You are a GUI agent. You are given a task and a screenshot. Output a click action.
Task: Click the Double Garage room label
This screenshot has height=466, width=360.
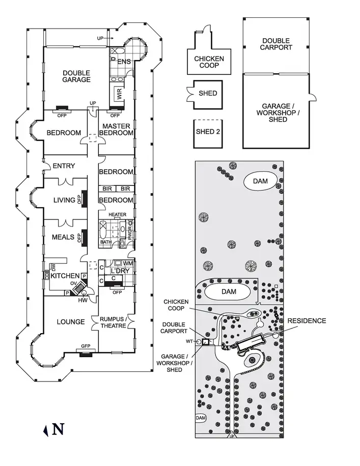(76, 76)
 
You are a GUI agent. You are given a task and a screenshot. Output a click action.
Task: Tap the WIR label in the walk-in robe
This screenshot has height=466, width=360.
(119, 94)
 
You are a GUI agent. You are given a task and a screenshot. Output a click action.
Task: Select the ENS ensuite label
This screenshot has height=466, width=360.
(124, 62)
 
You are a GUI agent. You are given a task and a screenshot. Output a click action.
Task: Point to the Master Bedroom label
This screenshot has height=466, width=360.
(116, 129)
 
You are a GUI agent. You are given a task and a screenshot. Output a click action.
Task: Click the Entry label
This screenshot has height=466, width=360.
(64, 166)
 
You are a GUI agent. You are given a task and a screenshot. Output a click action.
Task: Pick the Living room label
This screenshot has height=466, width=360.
(64, 200)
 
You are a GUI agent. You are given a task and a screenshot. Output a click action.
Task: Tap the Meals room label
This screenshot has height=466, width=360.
(63, 237)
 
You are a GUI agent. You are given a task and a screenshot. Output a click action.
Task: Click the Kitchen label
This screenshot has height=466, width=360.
(65, 276)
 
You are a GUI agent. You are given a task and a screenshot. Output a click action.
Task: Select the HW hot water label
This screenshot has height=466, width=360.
(83, 300)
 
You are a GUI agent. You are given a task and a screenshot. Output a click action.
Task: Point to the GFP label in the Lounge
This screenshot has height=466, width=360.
(86, 346)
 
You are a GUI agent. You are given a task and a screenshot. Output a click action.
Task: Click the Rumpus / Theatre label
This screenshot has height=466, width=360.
(113, 322)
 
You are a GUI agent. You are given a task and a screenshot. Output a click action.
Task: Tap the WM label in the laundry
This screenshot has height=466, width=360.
(128, 264)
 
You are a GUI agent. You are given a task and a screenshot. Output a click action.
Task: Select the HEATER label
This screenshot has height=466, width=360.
(117, 214)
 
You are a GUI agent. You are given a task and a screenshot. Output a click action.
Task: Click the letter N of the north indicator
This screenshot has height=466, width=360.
(58, 429)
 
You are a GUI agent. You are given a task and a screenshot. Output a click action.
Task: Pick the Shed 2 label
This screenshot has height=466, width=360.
(208, 132)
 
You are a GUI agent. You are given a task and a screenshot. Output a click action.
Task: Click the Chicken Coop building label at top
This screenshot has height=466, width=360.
(209, 62)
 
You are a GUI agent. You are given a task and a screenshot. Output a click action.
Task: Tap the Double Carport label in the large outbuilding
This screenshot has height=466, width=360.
(276, 44)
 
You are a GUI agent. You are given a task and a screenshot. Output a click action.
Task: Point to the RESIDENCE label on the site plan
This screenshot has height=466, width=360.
(307, 321)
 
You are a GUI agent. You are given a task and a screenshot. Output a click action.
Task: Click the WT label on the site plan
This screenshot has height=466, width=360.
(189, 341)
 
